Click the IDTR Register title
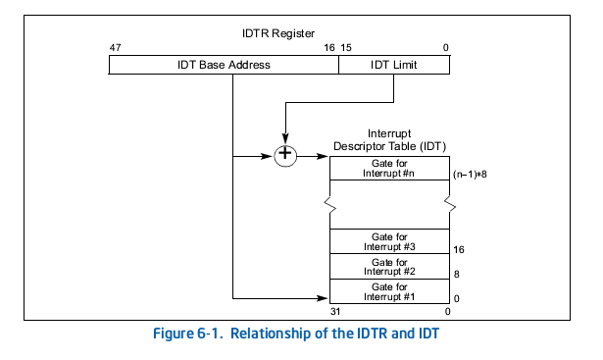click(277, 33)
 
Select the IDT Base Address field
click(224, 65)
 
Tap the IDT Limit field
click(393, 65)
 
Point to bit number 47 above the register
click(115, 47)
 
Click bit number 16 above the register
click(328, 47)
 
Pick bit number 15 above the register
click(347, 47)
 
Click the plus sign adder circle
click(284, 154)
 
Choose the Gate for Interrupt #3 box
click(388, 240)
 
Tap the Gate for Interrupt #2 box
click(388, 266)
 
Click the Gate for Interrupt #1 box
click(388, 291)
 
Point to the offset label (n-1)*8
click(470, 174)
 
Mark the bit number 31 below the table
click(335, 312)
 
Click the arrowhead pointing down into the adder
click(284, 138)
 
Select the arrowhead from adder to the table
click(324, 154)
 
